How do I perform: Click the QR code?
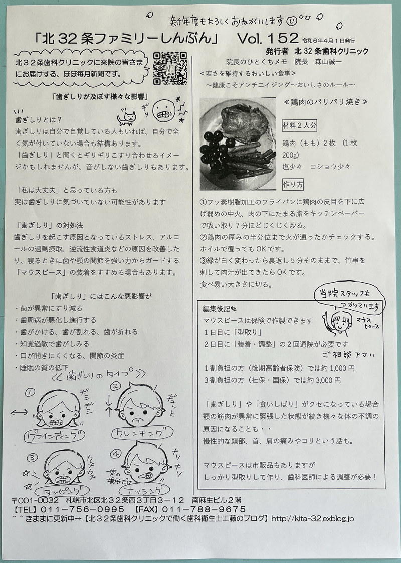click(170, 68)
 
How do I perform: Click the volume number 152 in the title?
click(283, 38)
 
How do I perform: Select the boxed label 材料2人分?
click(299, 125)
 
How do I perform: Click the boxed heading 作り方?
click(293, 185)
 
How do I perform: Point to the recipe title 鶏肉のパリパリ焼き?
click(325, 102)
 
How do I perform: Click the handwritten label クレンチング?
click(142, 433)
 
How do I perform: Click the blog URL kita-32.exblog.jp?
click(312, 519)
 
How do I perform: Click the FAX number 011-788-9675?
click(204, 509)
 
